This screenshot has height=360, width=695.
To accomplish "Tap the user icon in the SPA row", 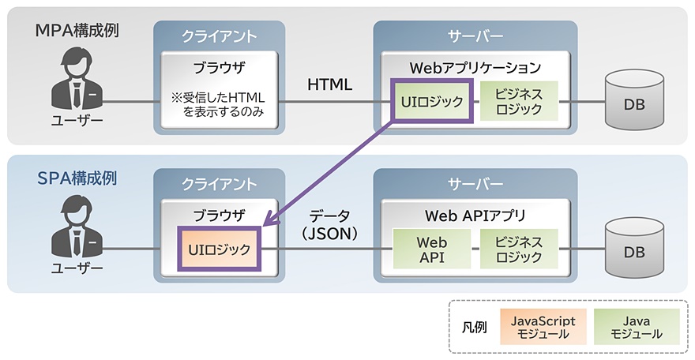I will coord(77,229).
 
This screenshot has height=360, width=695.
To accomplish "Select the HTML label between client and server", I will coord(330,84).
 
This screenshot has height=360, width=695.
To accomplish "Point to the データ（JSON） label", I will coord(329,223).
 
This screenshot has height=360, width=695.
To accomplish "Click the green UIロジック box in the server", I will coord(431,102).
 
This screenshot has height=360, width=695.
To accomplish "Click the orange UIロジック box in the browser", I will coord(219,249).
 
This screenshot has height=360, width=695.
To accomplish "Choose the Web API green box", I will coord(431,249).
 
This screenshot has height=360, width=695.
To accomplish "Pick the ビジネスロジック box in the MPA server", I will coord(518,102).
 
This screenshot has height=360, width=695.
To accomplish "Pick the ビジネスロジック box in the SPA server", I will coord(518,249).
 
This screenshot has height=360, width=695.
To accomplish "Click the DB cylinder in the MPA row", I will coord(633,103).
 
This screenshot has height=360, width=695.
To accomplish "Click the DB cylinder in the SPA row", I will coord(633,251).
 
